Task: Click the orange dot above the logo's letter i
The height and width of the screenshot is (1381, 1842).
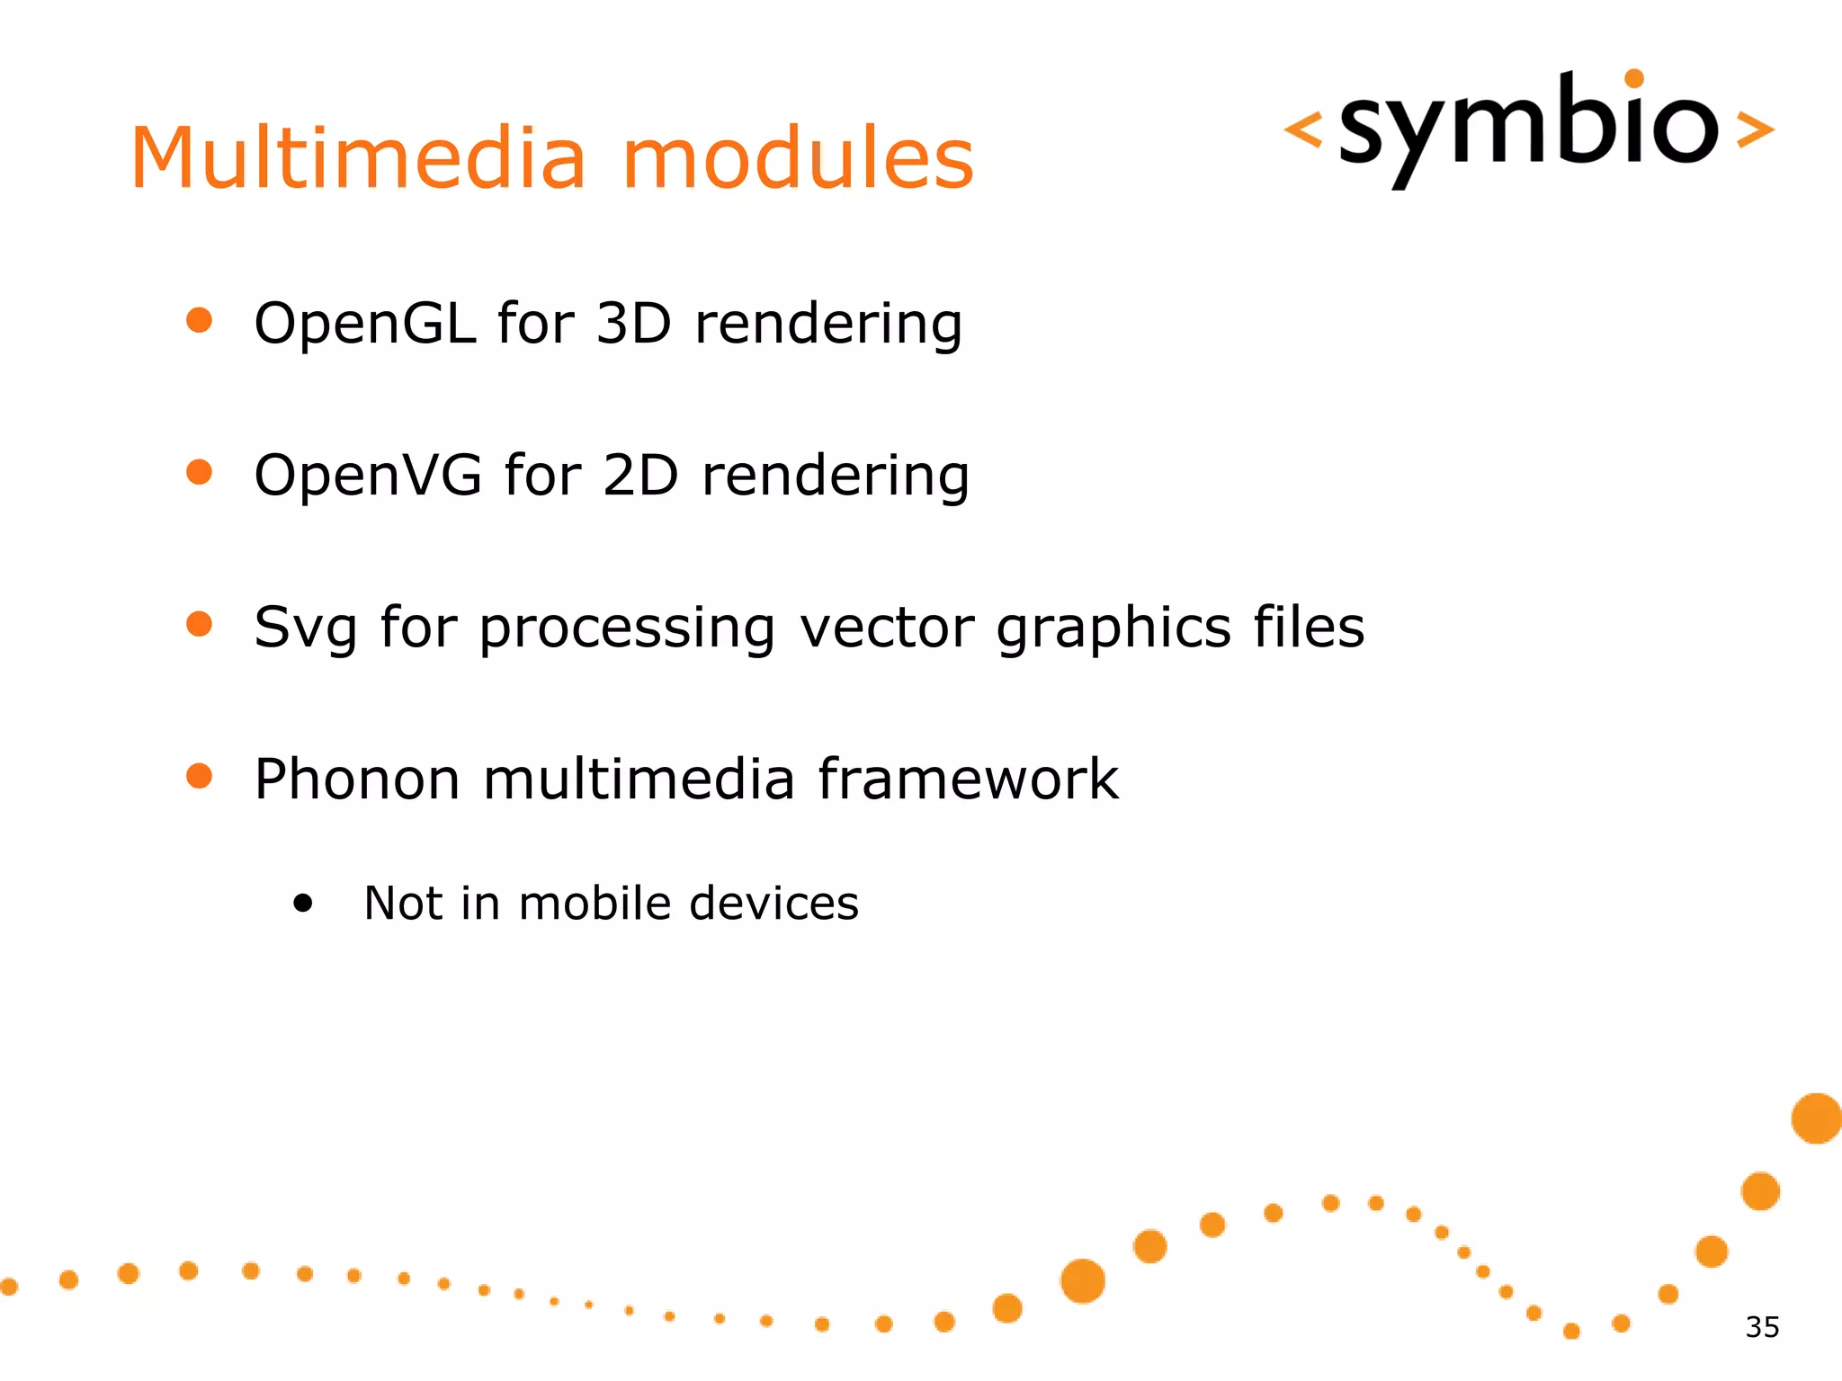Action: pos(1634,79)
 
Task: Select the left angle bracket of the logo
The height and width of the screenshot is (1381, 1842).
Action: pos(1302,130)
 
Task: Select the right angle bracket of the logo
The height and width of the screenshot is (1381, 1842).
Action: pos(1755,130)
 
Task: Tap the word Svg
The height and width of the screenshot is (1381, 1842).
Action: pos(305,628)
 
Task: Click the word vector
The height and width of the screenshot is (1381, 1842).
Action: pos(887,627)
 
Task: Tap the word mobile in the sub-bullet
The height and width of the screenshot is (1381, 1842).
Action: pos(595,903)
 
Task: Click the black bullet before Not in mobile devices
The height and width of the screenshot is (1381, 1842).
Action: pos(303,904)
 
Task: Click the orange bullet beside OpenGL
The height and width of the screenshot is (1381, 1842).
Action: pos(199,320)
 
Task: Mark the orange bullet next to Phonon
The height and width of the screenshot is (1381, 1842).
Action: pos(199,776)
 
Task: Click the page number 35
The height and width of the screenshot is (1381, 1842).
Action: pos(1762,1327)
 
